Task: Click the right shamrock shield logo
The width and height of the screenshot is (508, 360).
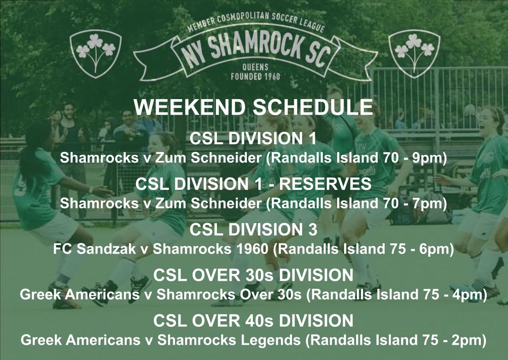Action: (415, 52)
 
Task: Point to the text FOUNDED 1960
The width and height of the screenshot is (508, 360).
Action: (255, 77)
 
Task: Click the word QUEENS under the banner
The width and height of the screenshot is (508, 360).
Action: (255, 67)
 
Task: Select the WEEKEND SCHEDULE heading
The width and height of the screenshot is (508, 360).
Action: (253, 107)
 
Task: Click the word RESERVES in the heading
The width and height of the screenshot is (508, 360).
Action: (325, 184)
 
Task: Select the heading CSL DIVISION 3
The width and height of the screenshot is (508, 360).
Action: (253, 229)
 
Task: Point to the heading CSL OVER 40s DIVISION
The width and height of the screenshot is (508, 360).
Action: (253, 320)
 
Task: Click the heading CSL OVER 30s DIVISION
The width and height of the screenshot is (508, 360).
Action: (253, 275)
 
